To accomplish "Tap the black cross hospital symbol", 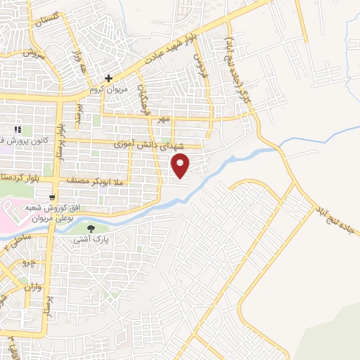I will coord(108,79).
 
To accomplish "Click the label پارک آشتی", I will coord(90,240).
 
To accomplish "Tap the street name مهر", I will coord(165,120).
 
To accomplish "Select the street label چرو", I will coord(29,264).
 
